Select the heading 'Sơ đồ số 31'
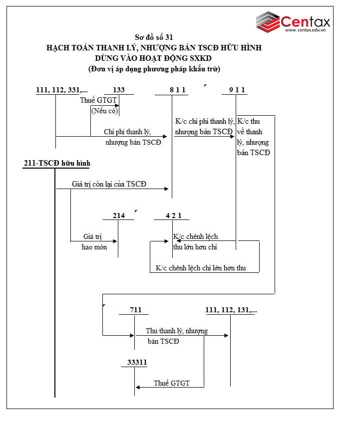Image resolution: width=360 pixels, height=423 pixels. click(x=154, y=37)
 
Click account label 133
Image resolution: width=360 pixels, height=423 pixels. click(x=119, y=90)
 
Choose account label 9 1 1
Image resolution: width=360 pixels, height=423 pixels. click(x=237, y=90)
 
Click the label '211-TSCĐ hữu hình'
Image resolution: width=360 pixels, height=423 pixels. click(x=56, y=163)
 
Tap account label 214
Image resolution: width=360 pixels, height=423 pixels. click(x=118, y=215)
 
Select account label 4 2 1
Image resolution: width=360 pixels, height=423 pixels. click(x=174, y=215)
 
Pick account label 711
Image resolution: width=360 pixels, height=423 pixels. click(x=135, y=310)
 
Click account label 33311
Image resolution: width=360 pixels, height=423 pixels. click(x=135, y=363)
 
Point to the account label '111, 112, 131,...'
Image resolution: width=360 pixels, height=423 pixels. click(x=231, y=310)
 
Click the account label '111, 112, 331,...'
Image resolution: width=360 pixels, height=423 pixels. click(x=62, y=90)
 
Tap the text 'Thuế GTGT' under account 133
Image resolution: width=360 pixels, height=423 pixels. click(x=98, y=100)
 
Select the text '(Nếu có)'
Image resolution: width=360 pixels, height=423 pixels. click(x=104, y=111)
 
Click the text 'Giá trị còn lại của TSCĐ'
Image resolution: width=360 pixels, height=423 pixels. click(x=109, y=184)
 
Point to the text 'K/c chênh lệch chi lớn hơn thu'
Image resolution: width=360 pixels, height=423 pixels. click(x=201, y=268)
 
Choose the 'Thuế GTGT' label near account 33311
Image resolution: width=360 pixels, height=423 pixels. click(x=172, y=383)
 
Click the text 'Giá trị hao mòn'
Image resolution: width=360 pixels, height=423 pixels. click(x=94, y=242)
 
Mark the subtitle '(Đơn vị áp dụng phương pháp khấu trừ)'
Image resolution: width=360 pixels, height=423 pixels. click(x=154, y=69)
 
